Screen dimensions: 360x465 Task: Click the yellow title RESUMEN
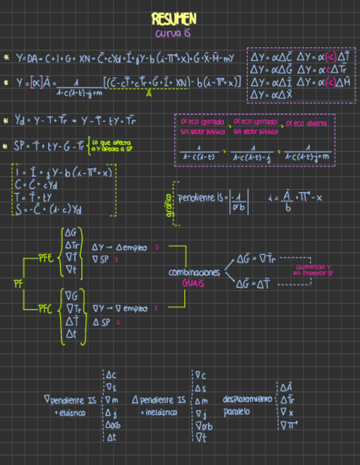point(173,19)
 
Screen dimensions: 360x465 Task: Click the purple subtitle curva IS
point(173,34)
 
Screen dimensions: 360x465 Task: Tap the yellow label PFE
point(46,256)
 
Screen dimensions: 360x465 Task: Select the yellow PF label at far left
point(18,283)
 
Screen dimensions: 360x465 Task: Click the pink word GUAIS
point(194,283)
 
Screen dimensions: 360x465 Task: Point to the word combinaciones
point(194,273)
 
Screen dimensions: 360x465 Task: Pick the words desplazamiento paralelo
point(246,405)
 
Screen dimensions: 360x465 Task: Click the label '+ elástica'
point(71,412)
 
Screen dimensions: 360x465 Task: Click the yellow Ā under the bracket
point(149,94)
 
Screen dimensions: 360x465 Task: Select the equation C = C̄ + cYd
point(41,185)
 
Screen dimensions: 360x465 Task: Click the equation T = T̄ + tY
point(38,197)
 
